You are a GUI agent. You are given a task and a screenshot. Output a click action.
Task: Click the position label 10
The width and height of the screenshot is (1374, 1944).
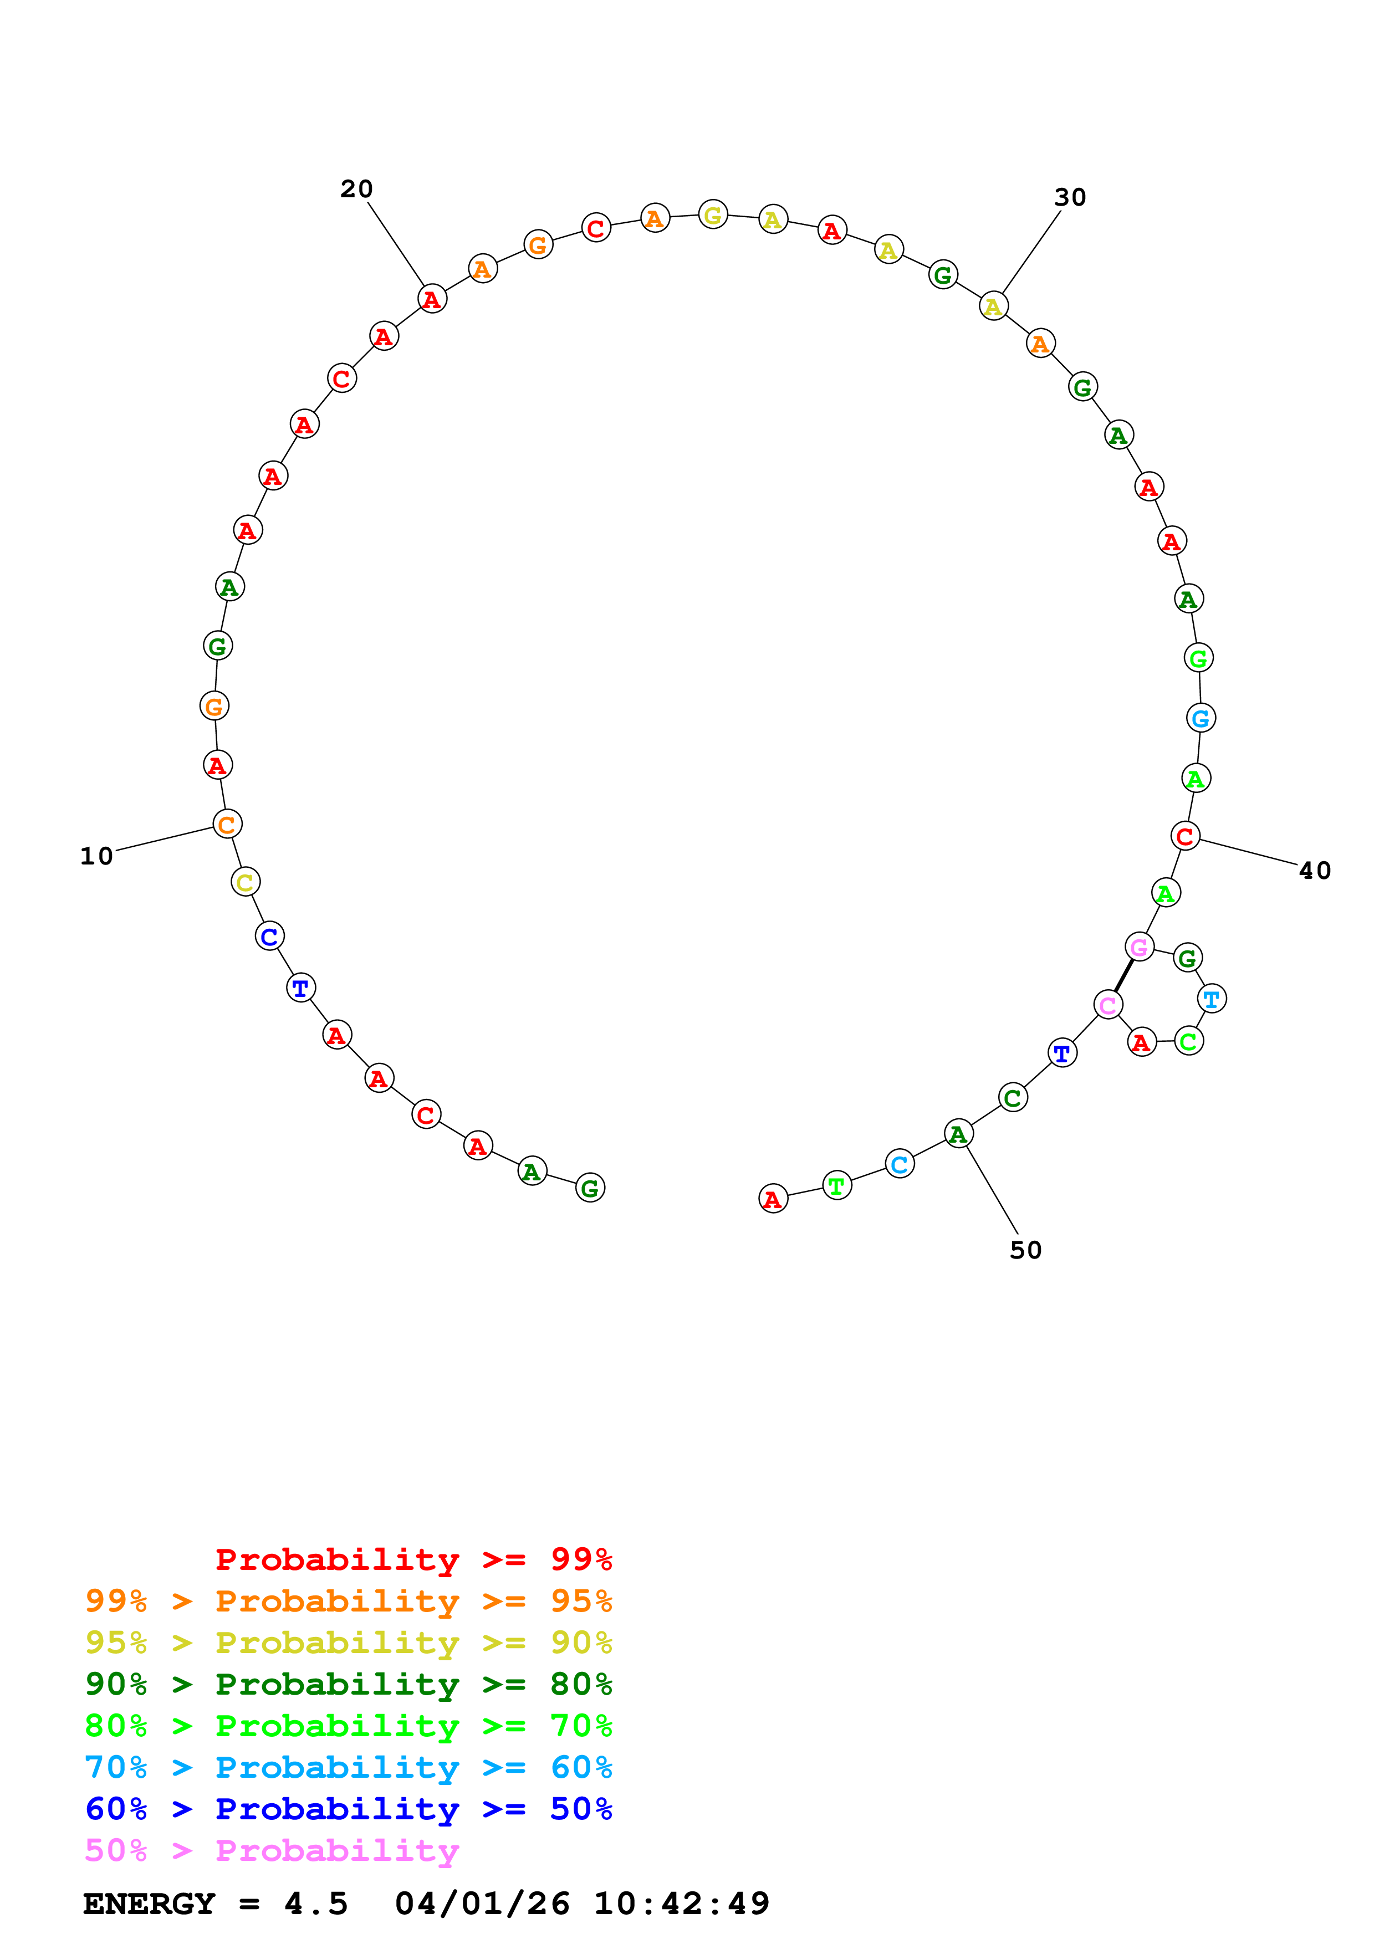tap(96, 856)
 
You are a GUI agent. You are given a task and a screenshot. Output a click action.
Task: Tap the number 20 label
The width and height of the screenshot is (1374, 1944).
tap(356, 189)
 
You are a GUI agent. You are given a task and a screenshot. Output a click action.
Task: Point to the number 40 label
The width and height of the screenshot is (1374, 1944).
tap(1314, 871)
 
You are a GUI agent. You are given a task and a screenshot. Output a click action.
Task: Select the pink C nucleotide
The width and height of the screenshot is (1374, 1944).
tap(1107, 1005)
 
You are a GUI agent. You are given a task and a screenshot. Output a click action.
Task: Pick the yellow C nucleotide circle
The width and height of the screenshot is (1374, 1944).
tap(246, 882)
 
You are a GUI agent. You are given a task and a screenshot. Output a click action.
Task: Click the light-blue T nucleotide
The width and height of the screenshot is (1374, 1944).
tap(1212, 999)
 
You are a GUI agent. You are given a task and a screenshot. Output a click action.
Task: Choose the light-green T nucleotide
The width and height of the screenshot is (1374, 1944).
tap(836, 1186)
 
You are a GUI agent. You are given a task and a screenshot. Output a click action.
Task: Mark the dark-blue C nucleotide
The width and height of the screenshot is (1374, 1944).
tap(269, 937)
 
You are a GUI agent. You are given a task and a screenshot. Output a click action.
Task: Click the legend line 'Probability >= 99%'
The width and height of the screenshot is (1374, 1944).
tap(413, 1559)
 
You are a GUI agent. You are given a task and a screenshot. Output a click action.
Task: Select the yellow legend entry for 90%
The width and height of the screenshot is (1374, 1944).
tap(348, 1642)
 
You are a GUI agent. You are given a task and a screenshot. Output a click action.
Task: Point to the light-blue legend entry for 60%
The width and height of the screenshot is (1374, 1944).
tap(348, 1767)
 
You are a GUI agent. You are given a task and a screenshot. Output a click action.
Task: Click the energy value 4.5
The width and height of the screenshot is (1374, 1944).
tap(316, 1904)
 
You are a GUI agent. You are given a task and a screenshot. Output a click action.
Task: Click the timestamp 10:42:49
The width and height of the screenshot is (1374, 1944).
tap(682, 1904)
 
